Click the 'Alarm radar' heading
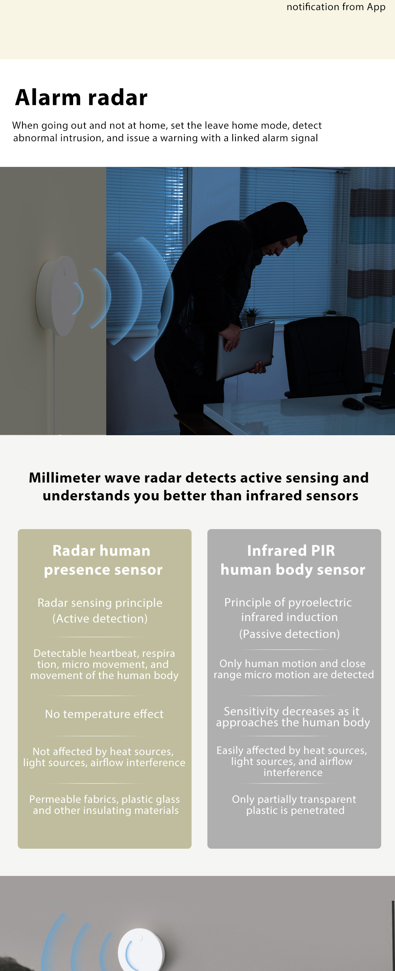pyautogui.click(x=81, y=97)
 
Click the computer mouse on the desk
pyautogui.click(x=353, y=403)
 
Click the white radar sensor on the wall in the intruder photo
pyautogui.click(x=57, y=296)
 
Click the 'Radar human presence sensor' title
pyautogui.click(x=103, y=560)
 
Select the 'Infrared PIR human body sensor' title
pyautogui.click(x=293, y=560)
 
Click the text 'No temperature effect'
pyautogui.click(x=104, y=714)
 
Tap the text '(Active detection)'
pyautogui.click(x=100, y=618)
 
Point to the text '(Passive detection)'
pyautogui.click(x=290, y=634)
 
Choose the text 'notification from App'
pyautogui.click(x=336, y=7)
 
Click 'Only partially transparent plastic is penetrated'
pyautogui.click(x=294, y=804)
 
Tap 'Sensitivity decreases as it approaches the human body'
pyautogui.click(x=293, y=717)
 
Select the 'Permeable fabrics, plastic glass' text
pyautogui.click(x=105, y=799)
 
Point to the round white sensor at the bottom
pyautogui.click(x=141, y=951)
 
